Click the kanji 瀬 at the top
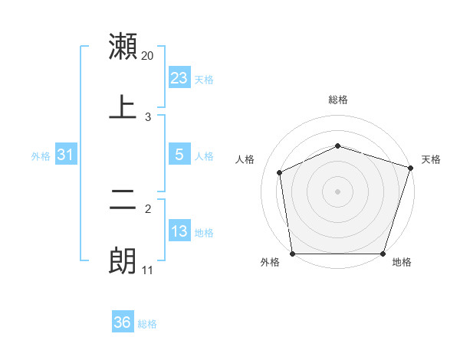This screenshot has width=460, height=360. pos(123,47)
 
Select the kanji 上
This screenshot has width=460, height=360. pos(123,107)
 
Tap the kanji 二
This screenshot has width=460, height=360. pos(123,200)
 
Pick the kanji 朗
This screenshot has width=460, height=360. pos(123,260)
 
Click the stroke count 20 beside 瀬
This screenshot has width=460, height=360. pos(148,56)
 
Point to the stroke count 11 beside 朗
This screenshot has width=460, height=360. pos(148,270)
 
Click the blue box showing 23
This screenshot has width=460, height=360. pos(179,78)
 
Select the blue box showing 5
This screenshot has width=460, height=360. pos(179,155)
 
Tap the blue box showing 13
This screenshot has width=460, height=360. pos(179,231)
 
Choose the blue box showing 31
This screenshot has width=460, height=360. pos(66,155)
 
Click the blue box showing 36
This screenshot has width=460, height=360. pos(123,322)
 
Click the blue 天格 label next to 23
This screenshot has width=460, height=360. pos(204,79)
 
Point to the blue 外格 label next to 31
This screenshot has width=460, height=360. pos(41,155)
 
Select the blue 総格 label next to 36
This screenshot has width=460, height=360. pos(147,324)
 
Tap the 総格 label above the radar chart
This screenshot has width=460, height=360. pos(338,100)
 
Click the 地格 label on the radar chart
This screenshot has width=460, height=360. pos(402,263)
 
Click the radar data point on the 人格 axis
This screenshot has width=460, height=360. pos(280,172)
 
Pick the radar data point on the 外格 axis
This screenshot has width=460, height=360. pos(292,254)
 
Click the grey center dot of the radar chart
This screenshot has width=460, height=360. pos(337,191)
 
